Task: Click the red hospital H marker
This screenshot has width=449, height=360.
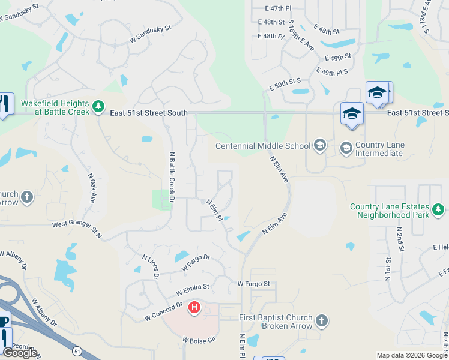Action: click(194, 308)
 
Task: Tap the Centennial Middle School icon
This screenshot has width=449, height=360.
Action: click(320, 145)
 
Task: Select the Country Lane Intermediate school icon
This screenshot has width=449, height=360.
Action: click(346, 147)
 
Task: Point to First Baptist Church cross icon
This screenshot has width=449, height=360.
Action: click(322, 321)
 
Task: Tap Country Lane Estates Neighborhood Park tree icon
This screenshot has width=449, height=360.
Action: click(438, 209)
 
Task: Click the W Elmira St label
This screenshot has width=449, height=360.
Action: click(192, 290)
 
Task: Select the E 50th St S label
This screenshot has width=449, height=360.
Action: click(285, 83)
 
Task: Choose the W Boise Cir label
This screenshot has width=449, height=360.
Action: click(199, 340)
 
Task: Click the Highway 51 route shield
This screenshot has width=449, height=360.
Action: click(76, 350)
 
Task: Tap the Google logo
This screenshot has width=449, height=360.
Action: click(20, 353)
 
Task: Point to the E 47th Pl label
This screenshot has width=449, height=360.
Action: click(278, 8)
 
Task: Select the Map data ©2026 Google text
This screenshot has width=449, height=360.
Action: click(412, 355)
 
